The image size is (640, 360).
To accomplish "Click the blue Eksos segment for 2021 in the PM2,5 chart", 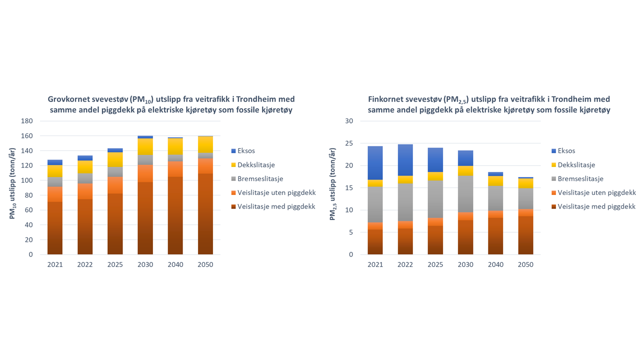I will click(x=375, y=163).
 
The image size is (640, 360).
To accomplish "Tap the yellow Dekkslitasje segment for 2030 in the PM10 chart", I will click(x=145, y=146).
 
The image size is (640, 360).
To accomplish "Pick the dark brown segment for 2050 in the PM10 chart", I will click(x=205, y=214).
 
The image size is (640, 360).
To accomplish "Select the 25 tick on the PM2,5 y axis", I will click(x=350, y=143).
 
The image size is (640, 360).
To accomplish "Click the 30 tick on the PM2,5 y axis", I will click(x=350, y=121).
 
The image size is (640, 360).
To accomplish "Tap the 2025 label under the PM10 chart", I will click(x=115, y=264).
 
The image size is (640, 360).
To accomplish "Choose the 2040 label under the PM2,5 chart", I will click(x=495, y=264).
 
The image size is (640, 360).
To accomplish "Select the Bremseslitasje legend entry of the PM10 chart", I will click(x=260, y=178).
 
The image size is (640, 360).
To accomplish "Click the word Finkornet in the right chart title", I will click(x=384, y=99).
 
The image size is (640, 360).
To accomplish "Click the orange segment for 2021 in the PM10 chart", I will click(x=55, y=194).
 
